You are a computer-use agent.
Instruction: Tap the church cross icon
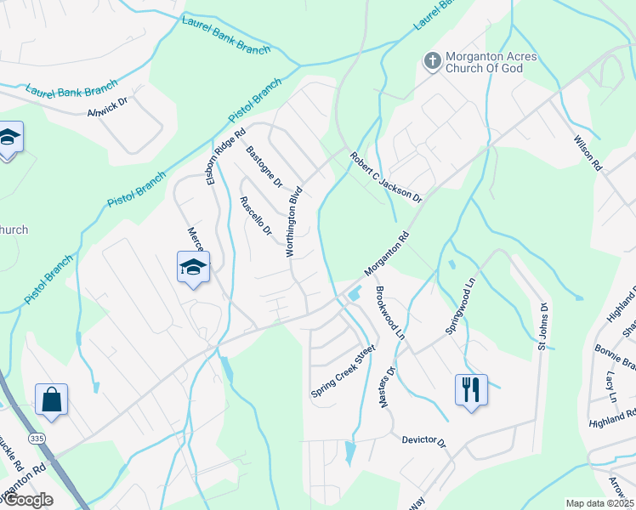coord(432,61)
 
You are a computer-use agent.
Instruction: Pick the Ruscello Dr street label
coord(255,216)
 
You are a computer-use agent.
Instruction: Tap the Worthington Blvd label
coord(293,220)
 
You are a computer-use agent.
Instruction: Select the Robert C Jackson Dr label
coord(386,177)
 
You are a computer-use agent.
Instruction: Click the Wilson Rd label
coord(588,154)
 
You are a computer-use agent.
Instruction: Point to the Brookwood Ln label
coord(389,312)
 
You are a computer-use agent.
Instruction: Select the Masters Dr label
coord(388,386)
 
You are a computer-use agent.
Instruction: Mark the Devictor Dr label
coord(424,440)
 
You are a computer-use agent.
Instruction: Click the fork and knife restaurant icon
coord(471,390)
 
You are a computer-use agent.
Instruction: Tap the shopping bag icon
coord(51,399)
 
